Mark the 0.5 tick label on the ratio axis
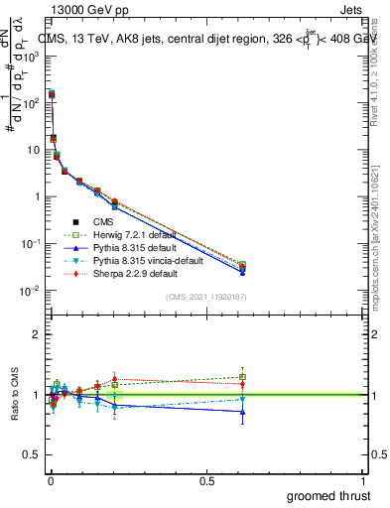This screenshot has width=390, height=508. (x=31, y=455)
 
